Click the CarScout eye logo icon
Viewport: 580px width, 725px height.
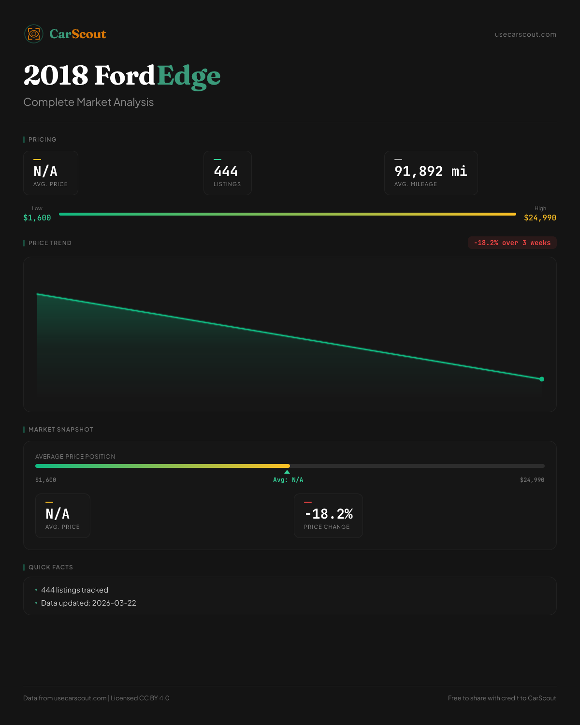[x=34, y=34]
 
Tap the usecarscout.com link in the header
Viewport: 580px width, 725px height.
[x=525, y=34]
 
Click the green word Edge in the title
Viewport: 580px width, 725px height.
[x=189, y=76]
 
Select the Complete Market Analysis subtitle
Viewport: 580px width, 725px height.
[x=88, y=102]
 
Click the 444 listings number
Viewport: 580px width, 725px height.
[x=226, y=172]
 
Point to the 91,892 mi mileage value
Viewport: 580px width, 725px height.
[x=431, y=172]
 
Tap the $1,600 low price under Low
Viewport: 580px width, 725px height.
[x=37, y=218]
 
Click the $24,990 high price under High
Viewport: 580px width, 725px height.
[x=540, y=218]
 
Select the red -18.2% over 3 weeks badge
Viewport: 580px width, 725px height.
[x=512, y=243]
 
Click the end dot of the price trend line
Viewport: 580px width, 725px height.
[x=541, y=379]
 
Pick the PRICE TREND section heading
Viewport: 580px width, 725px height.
[x=50, y=243]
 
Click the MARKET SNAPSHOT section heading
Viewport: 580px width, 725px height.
[x=60, y=430]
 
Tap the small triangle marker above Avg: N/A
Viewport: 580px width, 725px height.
[x=287, y=472]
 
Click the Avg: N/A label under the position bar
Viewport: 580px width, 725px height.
[x=288, y=480]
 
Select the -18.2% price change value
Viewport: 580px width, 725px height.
[x=329, y=514]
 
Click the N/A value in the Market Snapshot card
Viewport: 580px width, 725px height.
[x=58, y=514]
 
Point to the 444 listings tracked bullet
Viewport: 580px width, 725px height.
[x=74, y=590]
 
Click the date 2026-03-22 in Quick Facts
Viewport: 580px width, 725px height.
[x=114, y=603]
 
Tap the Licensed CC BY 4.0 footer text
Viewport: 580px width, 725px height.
[x=140, y=698]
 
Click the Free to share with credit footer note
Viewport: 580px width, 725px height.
[x=502, y=698]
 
